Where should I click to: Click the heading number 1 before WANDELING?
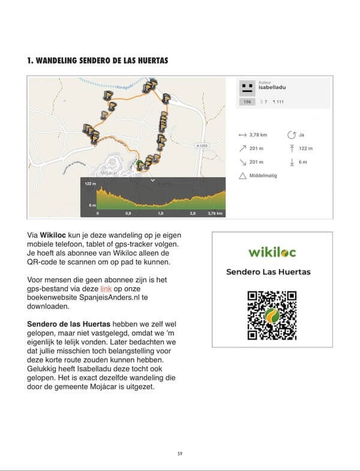point(29,61)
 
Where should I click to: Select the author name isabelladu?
point(271,88)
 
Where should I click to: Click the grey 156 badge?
point(247,102)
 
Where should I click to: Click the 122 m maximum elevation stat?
point(306,149)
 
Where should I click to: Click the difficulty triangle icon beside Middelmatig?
point(242,176)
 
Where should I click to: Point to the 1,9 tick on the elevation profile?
point(160,213)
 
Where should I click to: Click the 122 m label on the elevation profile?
point(90,184)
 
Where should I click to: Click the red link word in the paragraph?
point(106,289)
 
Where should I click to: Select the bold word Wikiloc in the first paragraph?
point(53,235)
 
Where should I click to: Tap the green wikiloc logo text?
point(272,251)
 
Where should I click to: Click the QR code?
point(272,315)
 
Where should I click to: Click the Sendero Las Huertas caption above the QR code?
point(268,272)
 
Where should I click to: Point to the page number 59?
point(180,453)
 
